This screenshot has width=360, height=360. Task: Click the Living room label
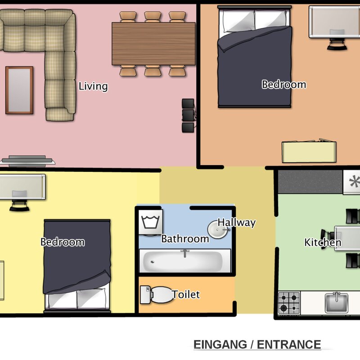pos(93,86)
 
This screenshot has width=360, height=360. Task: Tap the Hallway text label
pos(237,222)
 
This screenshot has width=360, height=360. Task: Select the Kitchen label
pos(323,243)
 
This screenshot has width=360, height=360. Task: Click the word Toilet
pos(185,295)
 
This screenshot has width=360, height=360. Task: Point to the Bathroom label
pos(185,238)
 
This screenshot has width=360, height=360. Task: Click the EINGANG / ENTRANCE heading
pos(257,345)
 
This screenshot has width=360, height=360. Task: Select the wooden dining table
pos(153,44)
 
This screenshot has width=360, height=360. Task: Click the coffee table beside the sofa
pos(19,90)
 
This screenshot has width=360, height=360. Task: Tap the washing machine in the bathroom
pos(150,222)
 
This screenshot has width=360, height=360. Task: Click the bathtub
pos(184,261)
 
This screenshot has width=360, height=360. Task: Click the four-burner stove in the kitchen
pos(288,302)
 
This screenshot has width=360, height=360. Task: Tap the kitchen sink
pos(336,302)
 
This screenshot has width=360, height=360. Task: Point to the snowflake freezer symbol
pos(352,182)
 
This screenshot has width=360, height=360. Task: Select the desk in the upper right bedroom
pos(329,22)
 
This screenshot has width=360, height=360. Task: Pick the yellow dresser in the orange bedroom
pos(309,152)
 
